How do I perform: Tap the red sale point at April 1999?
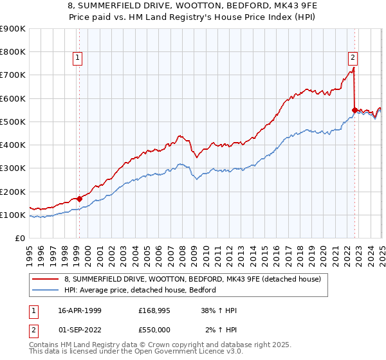click(x=79, y=199)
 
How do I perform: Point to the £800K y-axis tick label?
click(x=13, y=52)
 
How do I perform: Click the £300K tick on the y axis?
click(x=13, y=168)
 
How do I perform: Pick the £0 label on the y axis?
click(x=21, y=238)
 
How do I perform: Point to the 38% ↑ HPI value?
click(x=218, y=310)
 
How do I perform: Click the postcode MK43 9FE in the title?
click(x=246, y=5)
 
